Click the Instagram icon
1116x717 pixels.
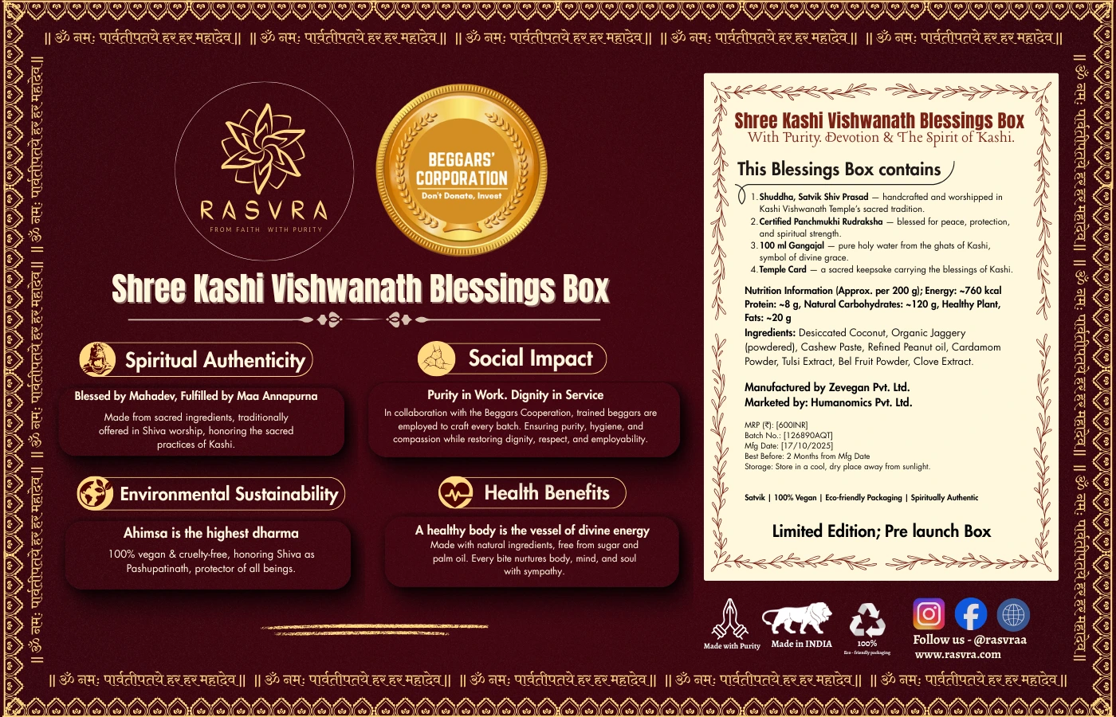929,614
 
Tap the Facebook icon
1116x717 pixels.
970,614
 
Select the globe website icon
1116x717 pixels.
1013,615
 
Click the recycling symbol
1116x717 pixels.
867,619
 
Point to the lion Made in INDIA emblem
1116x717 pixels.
797,619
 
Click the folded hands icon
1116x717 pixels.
731,619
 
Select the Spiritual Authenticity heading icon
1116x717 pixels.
98,359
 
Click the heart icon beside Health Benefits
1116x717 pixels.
455,493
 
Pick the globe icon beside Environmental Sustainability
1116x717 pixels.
95,493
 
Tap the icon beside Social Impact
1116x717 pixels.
437,358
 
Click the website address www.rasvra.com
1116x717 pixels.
957,655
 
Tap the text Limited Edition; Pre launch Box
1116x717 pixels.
881,531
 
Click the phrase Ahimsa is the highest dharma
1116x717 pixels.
210,533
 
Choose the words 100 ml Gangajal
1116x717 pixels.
791,245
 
